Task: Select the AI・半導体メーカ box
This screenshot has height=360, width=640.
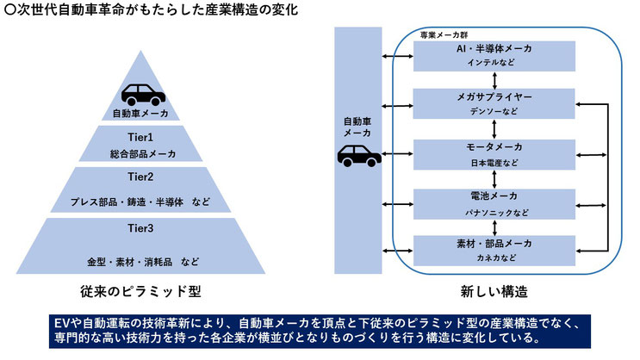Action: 494,56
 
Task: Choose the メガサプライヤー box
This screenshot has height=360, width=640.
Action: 494,103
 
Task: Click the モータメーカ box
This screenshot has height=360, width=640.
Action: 494,155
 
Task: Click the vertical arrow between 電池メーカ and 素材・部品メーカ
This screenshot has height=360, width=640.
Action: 494,227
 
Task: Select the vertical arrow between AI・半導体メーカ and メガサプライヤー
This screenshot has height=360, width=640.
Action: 494,80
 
